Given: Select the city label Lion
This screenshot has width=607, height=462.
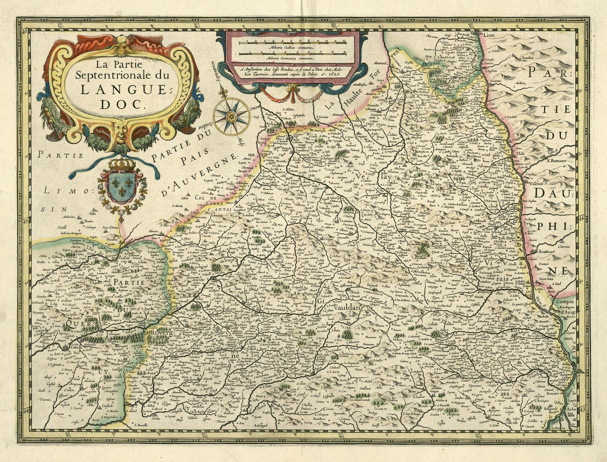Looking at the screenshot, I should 489,36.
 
